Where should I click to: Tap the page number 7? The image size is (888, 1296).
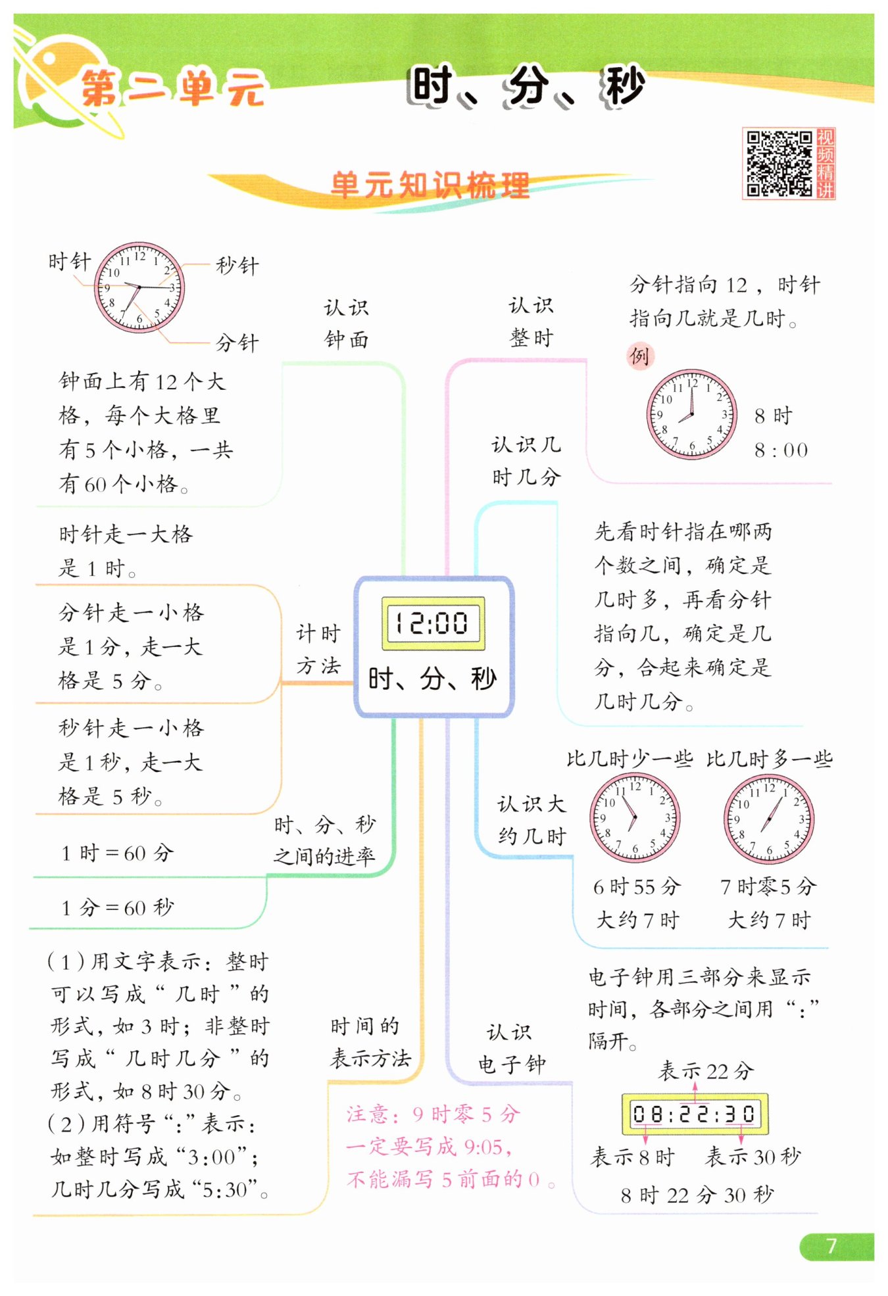click(831, 1245)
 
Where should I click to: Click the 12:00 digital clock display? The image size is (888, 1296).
click(433, 623)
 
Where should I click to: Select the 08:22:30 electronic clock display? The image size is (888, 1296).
click(695, 1114)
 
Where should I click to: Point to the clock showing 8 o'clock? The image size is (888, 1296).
click(691, 414)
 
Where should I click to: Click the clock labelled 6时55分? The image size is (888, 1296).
click(635, 818)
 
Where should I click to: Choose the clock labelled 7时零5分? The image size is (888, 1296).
click(769, 819)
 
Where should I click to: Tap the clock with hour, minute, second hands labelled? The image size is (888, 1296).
click(139, 287)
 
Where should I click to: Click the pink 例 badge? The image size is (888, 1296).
click(639, 356)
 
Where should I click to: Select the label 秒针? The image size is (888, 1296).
click(237, 266)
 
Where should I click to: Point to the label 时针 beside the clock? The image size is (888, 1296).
click(70, 261)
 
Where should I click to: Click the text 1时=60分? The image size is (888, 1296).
click(117, 853)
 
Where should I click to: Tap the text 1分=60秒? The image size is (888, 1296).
click(117, 907)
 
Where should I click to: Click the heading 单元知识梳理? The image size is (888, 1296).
click(430, 185)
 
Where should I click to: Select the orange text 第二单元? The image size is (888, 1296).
click(173, 88)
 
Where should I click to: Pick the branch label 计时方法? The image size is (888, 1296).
click(318, 650)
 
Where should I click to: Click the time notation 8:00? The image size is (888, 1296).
click(781, 450)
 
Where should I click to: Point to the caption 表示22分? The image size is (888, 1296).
click(705, 1071)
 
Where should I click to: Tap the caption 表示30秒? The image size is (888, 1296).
click(753, 1157)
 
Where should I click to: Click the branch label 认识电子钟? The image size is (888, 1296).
click(512, 1048)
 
